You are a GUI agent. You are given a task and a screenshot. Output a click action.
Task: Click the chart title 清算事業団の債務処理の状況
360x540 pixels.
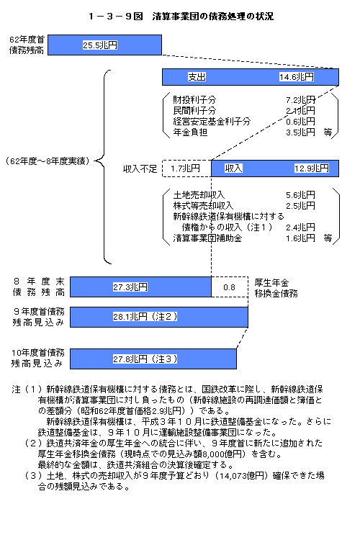[x=213, y=16]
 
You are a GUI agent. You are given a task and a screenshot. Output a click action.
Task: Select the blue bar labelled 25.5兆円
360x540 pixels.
[x=104, y=45]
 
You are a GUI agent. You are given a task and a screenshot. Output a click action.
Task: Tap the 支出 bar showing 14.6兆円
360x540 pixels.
[x=251, y=77]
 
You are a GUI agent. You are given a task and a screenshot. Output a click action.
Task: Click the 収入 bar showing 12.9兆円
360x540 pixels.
[x=275, y=168]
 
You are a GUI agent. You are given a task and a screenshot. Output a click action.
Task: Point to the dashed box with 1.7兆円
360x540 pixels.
[x=186, y=168]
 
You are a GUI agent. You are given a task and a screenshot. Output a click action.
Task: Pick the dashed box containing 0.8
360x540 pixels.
[x=230, y=287]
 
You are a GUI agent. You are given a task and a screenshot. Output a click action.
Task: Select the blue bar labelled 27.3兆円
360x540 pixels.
[x=140, y=287]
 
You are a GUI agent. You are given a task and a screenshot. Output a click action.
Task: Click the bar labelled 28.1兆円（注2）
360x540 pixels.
[x=159, y=317]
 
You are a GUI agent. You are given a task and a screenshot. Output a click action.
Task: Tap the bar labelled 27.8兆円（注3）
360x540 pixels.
[x=153, y=359]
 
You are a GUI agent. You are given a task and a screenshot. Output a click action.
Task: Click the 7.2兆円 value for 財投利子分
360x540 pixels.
[x=300, y=100]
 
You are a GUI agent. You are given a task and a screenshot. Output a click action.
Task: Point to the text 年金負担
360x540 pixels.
[x=190, y=132]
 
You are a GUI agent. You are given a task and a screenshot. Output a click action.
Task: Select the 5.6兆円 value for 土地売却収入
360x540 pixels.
[x=300, y=195]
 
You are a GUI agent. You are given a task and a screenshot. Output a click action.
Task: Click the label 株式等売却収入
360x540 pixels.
[x=203, y=206]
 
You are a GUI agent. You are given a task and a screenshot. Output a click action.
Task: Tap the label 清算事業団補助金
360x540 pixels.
[x=207, y=238]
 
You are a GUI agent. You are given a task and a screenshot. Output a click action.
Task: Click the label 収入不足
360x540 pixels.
[x=140, y=168]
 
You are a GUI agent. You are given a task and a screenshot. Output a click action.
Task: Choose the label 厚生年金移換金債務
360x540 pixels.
[x=276, y=288]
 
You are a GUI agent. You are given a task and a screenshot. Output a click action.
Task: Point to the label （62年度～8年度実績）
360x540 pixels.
[x=48, y=161]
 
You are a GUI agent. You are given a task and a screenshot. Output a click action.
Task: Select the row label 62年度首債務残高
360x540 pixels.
[x=27, y=45]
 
